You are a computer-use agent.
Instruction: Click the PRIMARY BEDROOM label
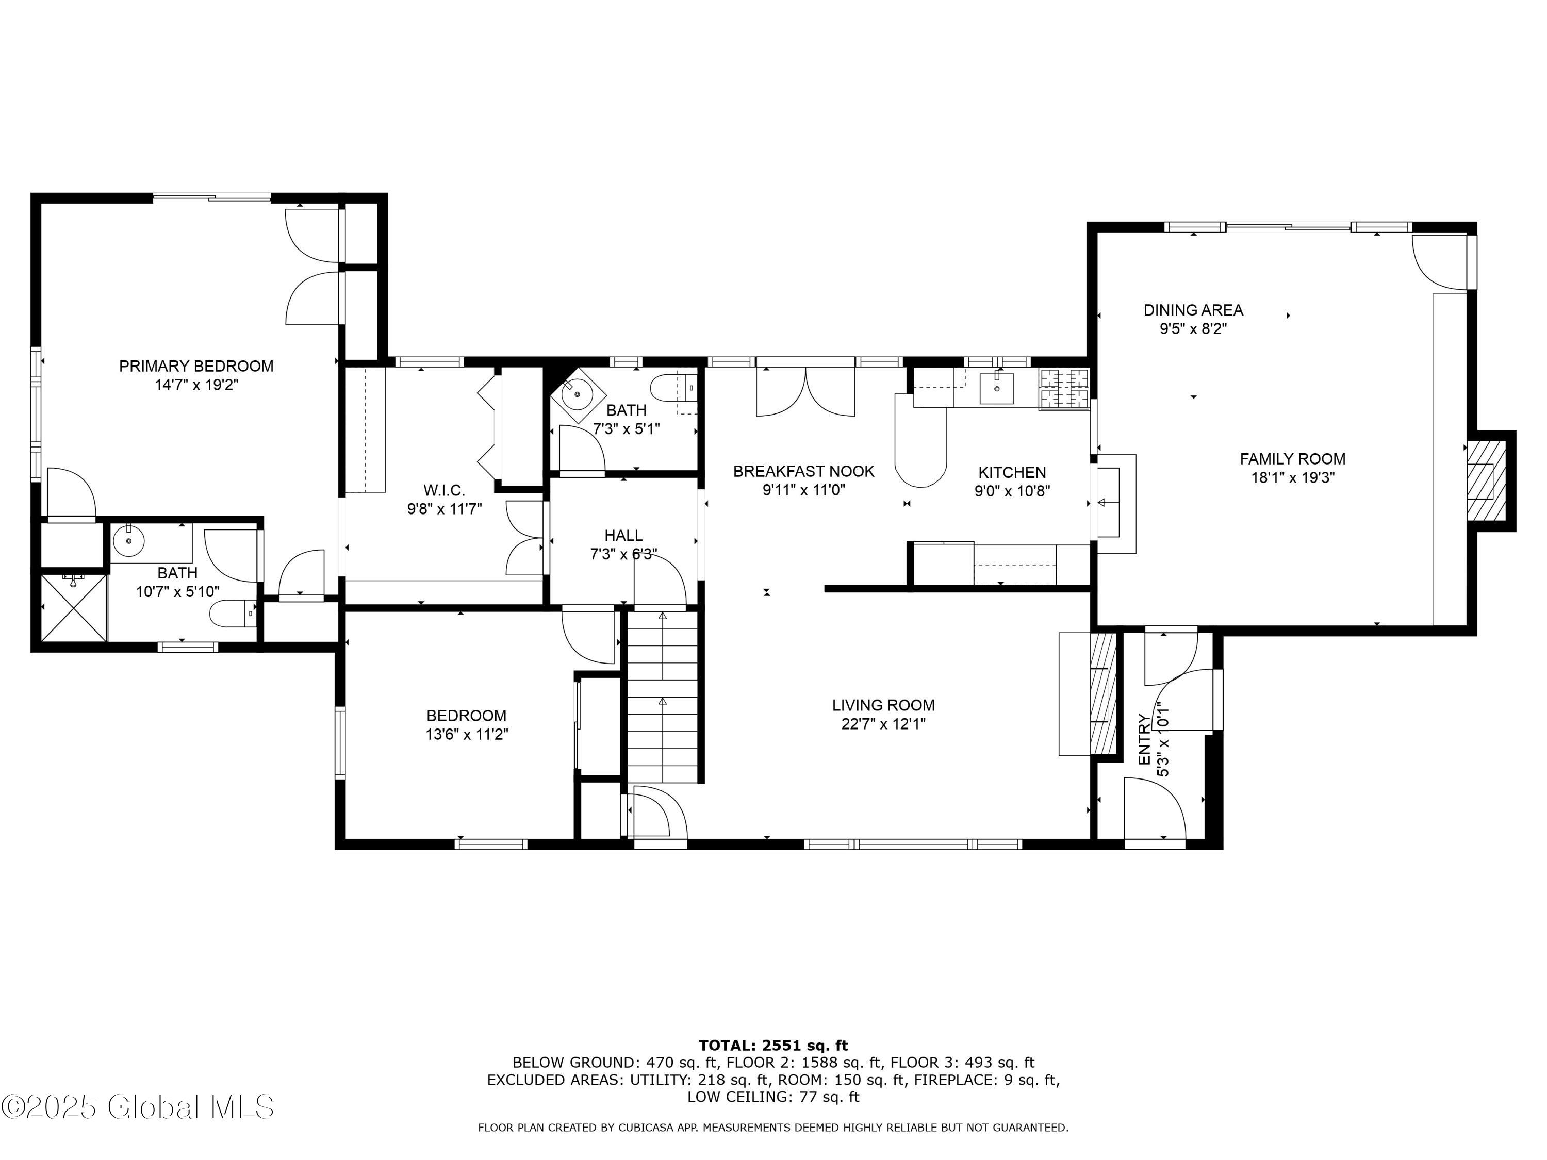pos(196,366)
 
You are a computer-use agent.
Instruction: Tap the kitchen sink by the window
pos(996,388)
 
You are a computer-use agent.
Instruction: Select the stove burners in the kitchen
pos(1064,389)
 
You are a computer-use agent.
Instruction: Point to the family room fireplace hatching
pos(1486,480)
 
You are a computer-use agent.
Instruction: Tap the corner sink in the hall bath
pos(577,395)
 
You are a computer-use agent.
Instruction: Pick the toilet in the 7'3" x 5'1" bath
pos(670,387)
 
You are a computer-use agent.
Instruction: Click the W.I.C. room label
pos(443,490)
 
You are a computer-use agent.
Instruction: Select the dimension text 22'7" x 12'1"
pos(883,724)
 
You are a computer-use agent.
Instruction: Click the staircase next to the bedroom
pos(662,695)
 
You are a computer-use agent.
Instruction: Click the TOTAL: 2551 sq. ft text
pos(773,1046)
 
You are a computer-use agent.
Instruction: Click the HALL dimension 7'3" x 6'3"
pos(622,554)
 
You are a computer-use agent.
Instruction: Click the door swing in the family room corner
pos(1437,260)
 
